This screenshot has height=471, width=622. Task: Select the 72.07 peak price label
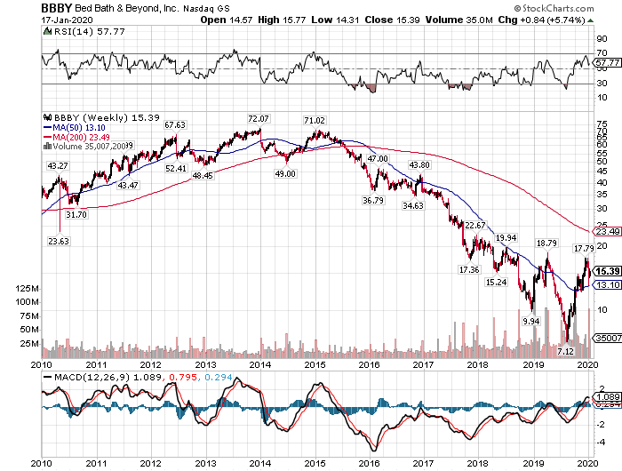[x=258, y=118]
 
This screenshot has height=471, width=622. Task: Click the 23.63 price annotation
[x=58, y=240]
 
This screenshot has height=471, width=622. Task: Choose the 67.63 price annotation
[x=175, y=124]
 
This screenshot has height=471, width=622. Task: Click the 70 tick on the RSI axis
[x=602, y=53]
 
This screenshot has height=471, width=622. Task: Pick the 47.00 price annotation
[x=379, y=158]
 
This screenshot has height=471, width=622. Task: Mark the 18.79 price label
[x=546, y=243]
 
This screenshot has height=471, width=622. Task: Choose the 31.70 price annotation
[x=77, y=214]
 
